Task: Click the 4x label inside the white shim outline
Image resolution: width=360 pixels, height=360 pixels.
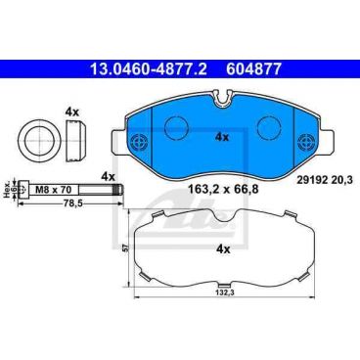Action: (223, 249)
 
